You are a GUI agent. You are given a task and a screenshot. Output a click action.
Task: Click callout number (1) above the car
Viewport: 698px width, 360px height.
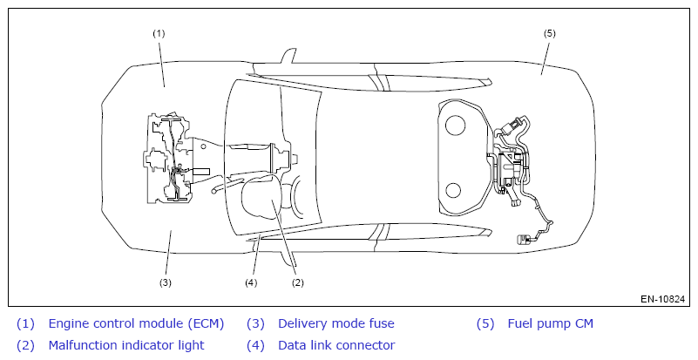[159, 33]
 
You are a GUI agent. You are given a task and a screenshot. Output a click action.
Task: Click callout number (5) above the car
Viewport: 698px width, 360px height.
[550, 33]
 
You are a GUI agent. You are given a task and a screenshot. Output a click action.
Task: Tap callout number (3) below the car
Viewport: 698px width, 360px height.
[165, 282]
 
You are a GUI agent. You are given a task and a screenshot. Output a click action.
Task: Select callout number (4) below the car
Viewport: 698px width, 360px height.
[252, 282]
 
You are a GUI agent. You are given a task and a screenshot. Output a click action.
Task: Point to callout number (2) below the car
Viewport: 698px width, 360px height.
[297, 282]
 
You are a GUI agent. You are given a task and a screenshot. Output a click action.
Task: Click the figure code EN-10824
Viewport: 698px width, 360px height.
[663, 299]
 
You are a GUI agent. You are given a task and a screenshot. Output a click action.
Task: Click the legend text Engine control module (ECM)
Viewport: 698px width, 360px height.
[136, 323]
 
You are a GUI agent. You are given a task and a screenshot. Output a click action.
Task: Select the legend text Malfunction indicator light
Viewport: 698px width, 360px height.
[126, 345]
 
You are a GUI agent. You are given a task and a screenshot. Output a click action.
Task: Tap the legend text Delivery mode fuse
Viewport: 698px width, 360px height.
[336, 323]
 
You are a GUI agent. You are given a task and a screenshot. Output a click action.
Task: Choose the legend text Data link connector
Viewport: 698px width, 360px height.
[336, 345]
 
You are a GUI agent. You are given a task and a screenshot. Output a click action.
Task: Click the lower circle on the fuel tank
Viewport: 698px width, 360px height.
[454, 191]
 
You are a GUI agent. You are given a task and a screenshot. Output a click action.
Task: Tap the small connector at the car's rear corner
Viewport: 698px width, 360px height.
[525, 238]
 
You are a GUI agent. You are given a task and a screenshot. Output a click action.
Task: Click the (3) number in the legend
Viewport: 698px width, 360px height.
[256, 323]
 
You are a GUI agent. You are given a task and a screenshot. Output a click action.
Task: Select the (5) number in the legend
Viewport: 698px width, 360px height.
[485, 323]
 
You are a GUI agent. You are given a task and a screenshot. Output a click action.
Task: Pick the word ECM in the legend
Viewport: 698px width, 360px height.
[206, 323]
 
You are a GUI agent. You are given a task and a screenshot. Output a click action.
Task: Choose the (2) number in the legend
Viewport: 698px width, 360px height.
[26, 345]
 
